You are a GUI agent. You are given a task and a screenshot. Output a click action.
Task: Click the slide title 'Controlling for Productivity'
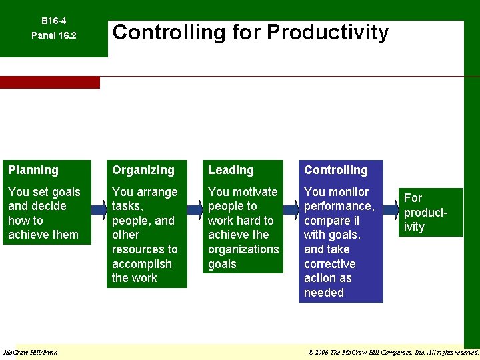[250, 32]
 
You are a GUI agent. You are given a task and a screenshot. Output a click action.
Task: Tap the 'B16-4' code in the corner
[53, 21]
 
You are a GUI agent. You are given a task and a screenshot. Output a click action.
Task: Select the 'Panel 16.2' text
[54, 35]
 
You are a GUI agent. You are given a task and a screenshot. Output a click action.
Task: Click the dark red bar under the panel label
[49, 83]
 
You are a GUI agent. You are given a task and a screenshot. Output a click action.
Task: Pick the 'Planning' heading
[33, 171]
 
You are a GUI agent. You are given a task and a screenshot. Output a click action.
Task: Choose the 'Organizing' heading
[143, 171]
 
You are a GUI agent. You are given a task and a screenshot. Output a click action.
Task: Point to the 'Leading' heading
[231, 171]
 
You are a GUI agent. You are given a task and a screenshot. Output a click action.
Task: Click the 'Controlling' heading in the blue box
[336, 171]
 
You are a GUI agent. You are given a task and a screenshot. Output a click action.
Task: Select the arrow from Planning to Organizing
[99, 211]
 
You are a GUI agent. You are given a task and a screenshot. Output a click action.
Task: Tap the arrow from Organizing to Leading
[195, 211]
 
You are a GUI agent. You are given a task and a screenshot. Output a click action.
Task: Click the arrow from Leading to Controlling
[291, 211]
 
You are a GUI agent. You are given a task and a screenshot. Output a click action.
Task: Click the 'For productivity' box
[431, 212]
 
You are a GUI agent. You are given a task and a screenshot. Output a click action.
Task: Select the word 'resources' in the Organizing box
[145, 249]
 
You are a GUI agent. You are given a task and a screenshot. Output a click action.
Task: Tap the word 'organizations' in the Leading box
[243, 249]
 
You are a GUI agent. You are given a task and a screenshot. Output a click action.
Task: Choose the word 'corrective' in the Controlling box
[329, 264]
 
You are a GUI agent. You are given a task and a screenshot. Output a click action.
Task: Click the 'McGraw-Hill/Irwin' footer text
[31, 352]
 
